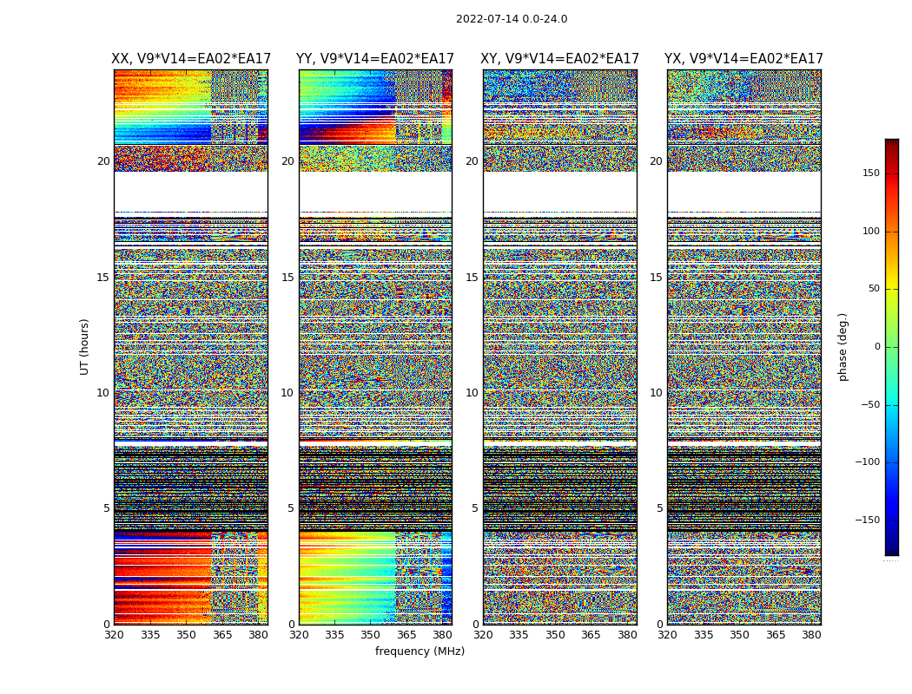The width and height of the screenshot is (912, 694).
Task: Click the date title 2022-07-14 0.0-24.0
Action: point(512,19)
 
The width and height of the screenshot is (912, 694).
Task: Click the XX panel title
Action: point(191,59)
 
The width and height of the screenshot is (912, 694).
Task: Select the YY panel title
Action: point(375,59)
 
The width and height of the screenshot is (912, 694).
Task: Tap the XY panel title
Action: point(560,59)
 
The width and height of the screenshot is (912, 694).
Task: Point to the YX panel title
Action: point(743,59)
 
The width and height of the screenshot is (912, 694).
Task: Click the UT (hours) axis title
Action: point(85,346)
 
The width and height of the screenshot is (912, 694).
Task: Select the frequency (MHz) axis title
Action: point(420,651)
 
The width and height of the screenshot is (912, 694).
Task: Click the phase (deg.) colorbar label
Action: point(843,347)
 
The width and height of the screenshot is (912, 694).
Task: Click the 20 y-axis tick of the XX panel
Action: point(103,161)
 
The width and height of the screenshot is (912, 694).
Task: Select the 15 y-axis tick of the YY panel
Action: point(287,278)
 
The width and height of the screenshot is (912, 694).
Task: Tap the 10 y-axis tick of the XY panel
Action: point(472,393)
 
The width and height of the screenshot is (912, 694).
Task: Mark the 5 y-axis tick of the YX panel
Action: point(659,508)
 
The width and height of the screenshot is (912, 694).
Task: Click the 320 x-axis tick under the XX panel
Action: point(114,635)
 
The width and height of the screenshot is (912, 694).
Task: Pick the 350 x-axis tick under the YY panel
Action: point(371,635)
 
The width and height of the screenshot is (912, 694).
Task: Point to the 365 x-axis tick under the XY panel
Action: point(591,635)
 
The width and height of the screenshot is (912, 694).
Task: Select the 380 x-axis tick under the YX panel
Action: point(810,635)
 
